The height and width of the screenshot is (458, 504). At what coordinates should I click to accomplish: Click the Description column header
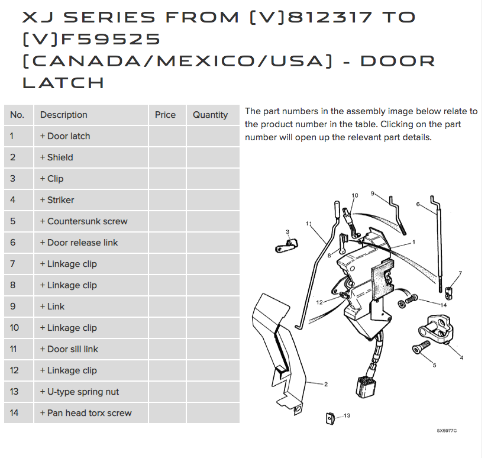pos(64,115)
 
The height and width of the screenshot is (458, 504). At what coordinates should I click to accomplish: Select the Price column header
pos(165,115)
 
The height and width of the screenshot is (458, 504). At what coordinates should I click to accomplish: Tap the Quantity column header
pos(210,115)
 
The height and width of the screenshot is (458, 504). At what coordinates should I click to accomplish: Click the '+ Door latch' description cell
pos(65,136)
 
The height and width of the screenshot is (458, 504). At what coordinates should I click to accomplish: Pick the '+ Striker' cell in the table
pos(57,200)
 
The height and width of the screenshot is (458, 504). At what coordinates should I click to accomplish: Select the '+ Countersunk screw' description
pos(83,221)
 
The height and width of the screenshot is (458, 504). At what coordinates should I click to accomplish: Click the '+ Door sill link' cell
pos(69,349)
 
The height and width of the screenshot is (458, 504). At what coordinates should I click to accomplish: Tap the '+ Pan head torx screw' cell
pos(86,413)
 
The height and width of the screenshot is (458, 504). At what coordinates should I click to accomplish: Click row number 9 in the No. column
pos(14,307)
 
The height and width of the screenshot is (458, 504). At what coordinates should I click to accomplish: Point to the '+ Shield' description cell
pos(57,157)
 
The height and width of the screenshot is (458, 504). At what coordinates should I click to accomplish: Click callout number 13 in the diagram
pos(347,415)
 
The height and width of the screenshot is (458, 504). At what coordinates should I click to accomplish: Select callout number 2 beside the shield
pos(325,384)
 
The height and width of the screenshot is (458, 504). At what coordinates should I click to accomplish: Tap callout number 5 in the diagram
pos(434,365)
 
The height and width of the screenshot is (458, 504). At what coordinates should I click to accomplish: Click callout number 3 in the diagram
pos(287,232)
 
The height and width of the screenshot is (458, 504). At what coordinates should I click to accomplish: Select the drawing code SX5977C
pos(447,431)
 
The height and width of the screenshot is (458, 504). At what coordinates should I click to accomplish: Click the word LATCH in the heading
pos(63,82)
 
